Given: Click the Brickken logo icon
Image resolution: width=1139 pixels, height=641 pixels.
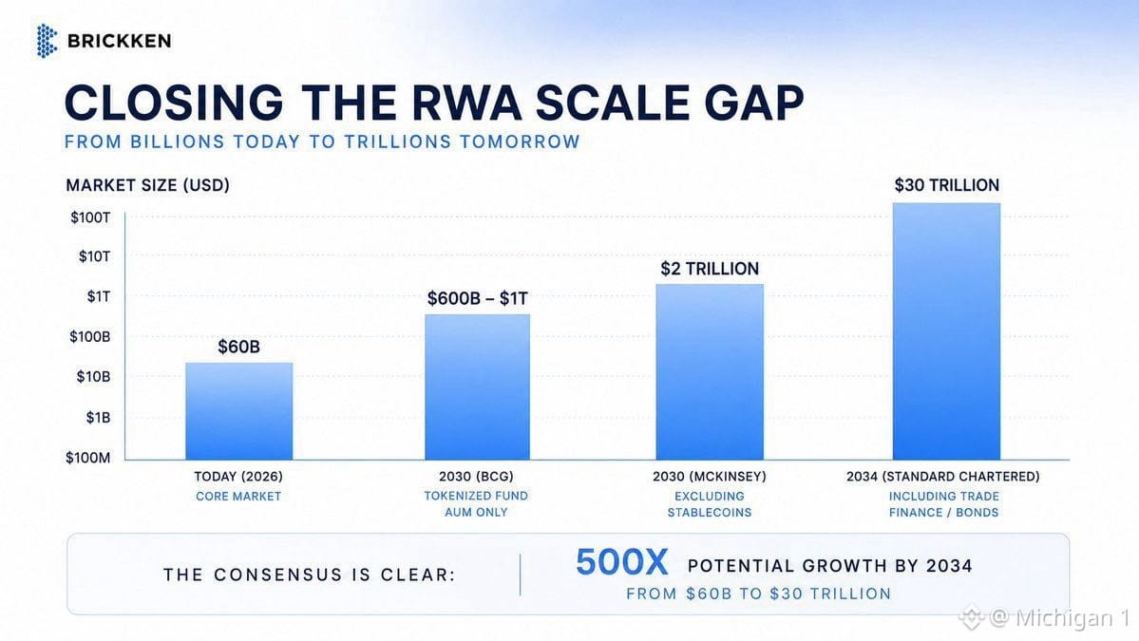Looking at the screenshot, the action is [47, 41].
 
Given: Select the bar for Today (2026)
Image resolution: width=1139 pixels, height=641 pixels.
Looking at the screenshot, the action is [239, 411].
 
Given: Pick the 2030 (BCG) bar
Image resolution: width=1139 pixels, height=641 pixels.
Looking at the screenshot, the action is [477, 386].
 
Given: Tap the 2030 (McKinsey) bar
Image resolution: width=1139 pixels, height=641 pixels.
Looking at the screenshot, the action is [710, 371].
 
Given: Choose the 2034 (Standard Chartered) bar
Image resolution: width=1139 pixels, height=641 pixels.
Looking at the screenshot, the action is [946, 331].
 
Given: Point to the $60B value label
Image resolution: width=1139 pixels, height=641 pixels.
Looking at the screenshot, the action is [239, 347].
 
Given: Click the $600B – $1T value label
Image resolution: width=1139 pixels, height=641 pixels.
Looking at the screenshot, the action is [477, 298].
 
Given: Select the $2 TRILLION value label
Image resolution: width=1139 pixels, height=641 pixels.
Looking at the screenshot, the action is [710, 269].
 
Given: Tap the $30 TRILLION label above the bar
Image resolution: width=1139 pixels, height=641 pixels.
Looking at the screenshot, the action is [946, 185].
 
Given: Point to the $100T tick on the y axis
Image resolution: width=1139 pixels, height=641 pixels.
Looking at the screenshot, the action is [91, 217].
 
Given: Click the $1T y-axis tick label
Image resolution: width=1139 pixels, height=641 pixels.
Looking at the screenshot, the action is [99, 296].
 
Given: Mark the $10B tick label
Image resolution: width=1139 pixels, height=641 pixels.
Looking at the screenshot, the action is [94, 377].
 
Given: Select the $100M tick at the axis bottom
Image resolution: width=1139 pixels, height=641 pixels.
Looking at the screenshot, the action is [88, 458].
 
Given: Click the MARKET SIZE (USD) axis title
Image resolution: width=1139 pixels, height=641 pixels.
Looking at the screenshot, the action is [147, 185].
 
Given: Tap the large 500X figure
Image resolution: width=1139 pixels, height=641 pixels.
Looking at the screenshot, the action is [622, 562].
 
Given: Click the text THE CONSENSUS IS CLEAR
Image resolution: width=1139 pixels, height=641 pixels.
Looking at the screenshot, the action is [310, 575].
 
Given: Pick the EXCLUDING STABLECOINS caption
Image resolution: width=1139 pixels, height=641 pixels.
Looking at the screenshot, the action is [710, 504].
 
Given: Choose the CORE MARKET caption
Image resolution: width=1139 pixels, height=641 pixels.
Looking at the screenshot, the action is [238, 497].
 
